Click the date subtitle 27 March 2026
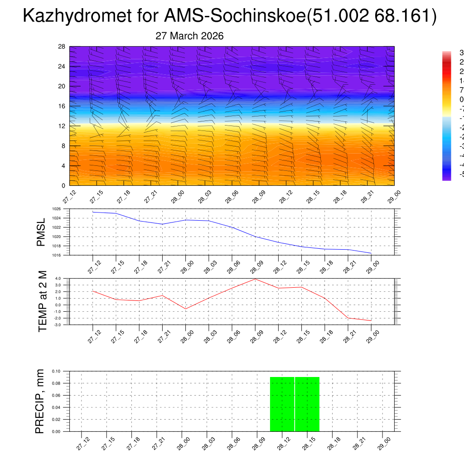coord(189,36)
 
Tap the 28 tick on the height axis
coord(62,47)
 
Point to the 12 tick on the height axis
coord(62,126)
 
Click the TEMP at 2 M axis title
coord(43,301)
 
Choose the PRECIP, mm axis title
coord(40,401)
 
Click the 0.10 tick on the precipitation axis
coord(56,371)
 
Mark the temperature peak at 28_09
coord(255,279)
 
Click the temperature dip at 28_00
coord(186,309)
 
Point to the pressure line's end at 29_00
coord(371,253)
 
